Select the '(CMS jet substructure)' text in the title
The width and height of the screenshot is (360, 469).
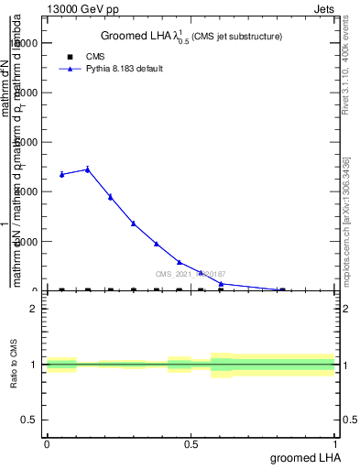tap(236, 37)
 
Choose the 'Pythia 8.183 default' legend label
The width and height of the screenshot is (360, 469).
tap(125, 69)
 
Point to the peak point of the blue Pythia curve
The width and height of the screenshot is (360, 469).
tap(87, 169)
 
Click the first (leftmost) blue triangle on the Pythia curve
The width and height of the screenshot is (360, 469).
tap(61, 174)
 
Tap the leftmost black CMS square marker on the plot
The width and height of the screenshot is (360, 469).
tap(61, 290)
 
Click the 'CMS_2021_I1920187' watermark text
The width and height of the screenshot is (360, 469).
tap(191, 274)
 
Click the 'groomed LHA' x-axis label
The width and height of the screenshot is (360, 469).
tap(302, 457)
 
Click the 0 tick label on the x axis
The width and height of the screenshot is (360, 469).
tap(47, 444)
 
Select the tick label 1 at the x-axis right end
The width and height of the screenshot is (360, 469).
tap(335, 444)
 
